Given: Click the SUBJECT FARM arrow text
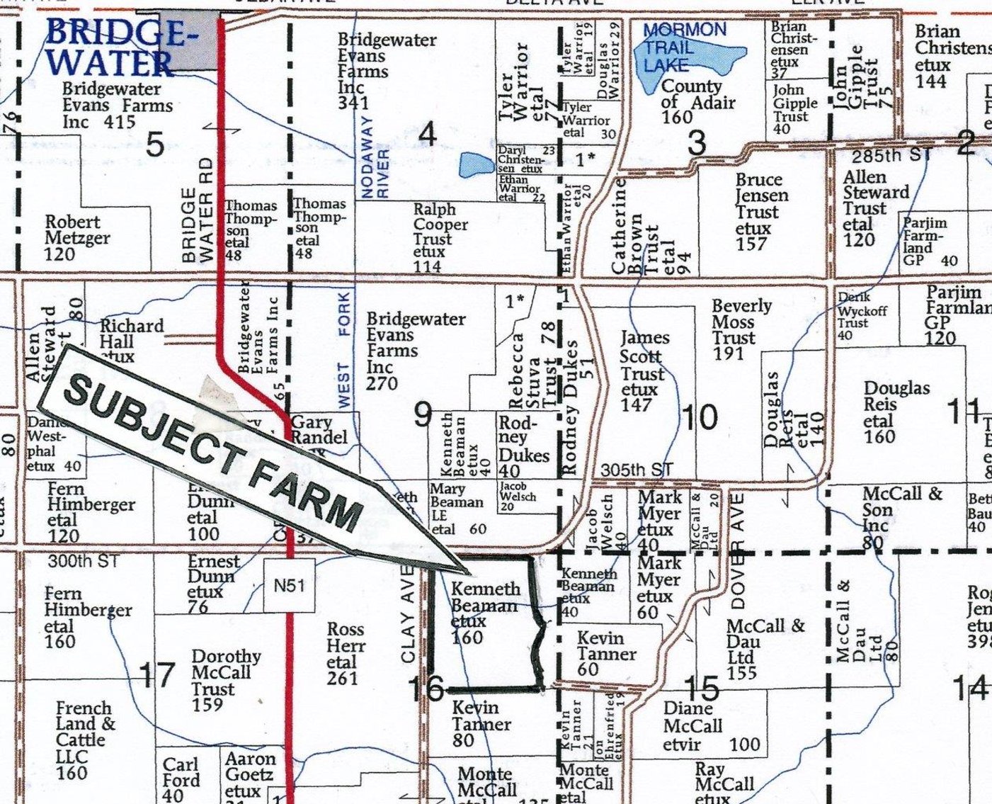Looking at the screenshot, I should pos(212,453).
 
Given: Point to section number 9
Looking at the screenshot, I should pos(422,415).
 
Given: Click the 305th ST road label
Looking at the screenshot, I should pos(635,470).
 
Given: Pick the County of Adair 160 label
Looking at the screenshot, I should pos(690,101).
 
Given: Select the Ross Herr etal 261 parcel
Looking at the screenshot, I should pos(346,654).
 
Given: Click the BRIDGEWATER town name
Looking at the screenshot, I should pos(117,48).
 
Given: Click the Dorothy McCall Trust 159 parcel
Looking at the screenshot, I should pos(225,680).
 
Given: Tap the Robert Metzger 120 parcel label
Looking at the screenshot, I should pos(76,237).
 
